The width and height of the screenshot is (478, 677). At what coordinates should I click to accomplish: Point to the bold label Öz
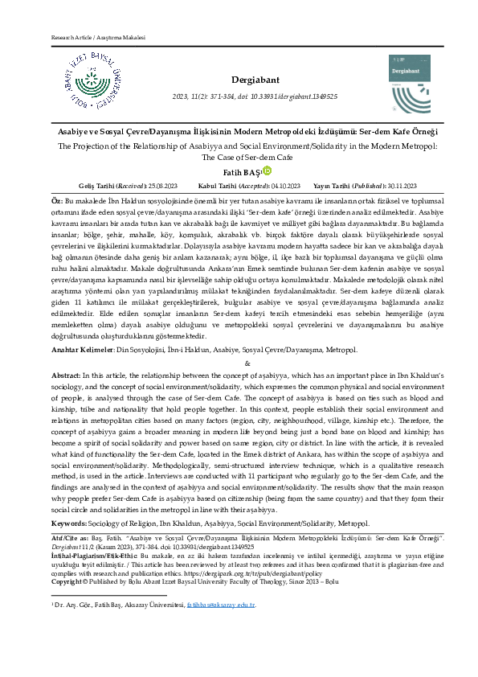(x=55, y=198)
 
